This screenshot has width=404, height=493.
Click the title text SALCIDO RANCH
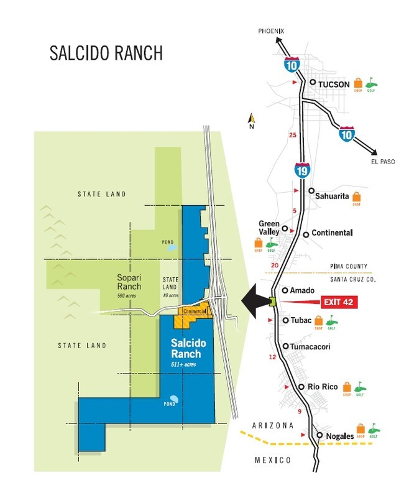point(106,53)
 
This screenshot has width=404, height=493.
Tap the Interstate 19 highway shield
point(301,168)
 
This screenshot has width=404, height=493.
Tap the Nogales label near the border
point(339,436)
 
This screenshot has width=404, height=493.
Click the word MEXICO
point(273,459)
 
